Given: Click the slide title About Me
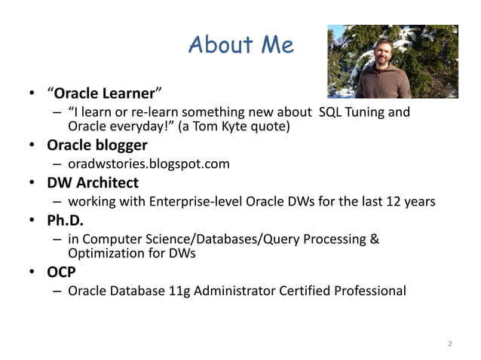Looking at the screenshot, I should point(240,45).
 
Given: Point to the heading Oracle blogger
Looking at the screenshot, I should point(97,145).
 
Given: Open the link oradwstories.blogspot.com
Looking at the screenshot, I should point(149,163).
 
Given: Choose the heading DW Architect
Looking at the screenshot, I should point(93,182).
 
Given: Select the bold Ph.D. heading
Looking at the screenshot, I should point(64,221).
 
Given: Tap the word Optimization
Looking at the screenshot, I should point(106,254).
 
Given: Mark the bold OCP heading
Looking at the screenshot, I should point(61,272).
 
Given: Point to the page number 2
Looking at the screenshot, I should point(450,344).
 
